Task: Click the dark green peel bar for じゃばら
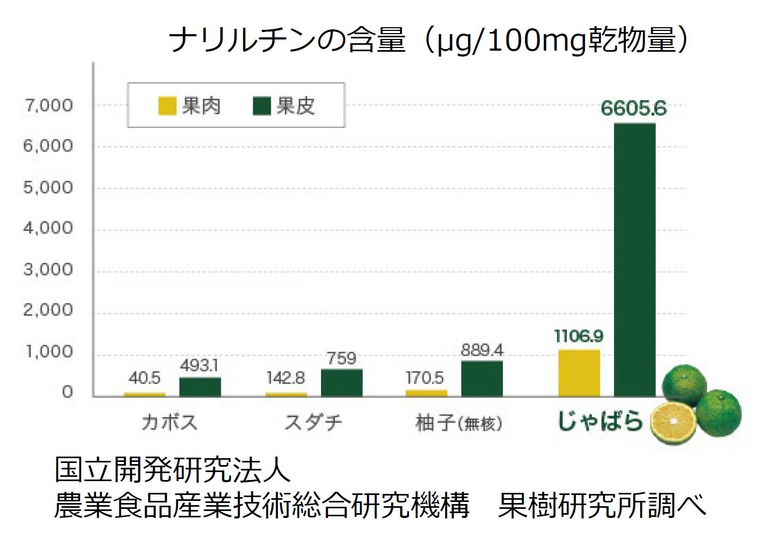coord(635,260)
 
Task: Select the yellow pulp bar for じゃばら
coord(579,373)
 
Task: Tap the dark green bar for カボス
coord(200,387)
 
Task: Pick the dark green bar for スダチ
coord(342,382)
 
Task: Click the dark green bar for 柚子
coord(482,379)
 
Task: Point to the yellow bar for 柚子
coord(427,393)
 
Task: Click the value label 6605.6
coord(633,108)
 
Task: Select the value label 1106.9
coord(579,336)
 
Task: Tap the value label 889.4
coord(482,350)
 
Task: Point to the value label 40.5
coord(144,378)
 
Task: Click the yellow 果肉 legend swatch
coord(167,106)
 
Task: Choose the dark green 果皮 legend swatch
coord(262,106)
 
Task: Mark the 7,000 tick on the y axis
coord(48,105)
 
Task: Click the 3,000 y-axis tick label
coord(48,269)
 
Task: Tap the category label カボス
coord(170,422)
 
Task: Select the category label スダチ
coord(314,422)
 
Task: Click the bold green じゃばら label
coord(600,421)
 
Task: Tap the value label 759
coord(341,358)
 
